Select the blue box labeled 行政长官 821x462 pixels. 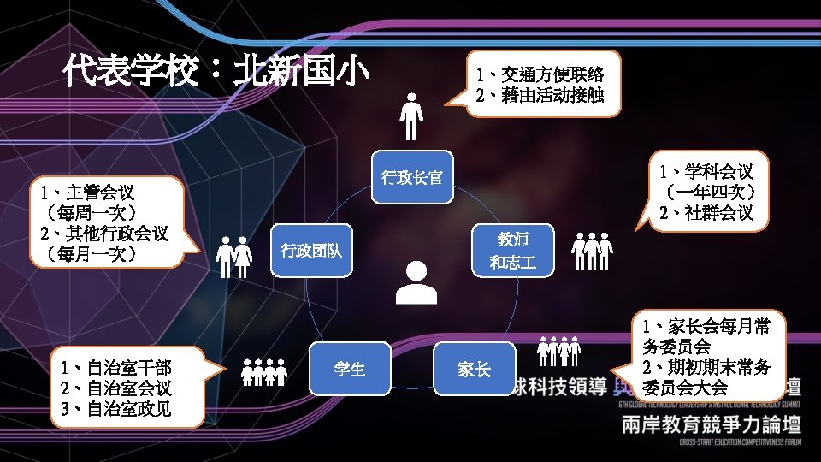(x=412, y=178)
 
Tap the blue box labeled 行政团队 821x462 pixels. (x=311, y=251)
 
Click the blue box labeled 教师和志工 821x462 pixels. (x=513, y=251)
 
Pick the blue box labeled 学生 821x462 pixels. (x=351, y=370)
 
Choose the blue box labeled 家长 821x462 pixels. (x=475, y=370)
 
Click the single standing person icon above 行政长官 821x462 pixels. (x=412, y=117)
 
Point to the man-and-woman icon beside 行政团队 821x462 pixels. (x=233, y=257)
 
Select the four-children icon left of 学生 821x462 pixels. (x=263, y=372)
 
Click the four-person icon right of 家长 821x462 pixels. (x=558, y=351)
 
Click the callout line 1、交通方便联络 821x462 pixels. (x=540, y=74)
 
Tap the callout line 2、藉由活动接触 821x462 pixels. (x=540, y=95)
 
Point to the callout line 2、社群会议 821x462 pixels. (x=706, y=212)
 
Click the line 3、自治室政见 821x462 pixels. (x=116, y=408)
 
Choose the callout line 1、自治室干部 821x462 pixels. (x=116, y=369)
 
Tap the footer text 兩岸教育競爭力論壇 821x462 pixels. (x=712, y=425)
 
